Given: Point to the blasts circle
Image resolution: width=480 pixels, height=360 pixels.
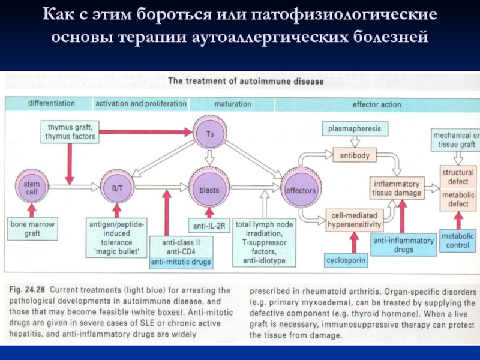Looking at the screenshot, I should click(208, 190).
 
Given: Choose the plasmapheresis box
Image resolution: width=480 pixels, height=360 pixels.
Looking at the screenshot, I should click(354, 129).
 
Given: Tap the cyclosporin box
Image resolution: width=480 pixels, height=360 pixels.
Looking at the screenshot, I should click(346, 261).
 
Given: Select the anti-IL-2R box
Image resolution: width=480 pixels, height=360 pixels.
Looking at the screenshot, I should click(208, 226).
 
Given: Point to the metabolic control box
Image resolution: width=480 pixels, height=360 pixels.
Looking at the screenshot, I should click(457, 241).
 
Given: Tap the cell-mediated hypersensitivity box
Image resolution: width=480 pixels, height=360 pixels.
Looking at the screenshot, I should click(354, 220).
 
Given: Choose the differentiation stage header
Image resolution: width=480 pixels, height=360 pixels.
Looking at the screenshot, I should click(51, 103).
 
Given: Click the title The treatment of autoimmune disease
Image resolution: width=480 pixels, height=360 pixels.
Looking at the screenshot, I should click(245, 80).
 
